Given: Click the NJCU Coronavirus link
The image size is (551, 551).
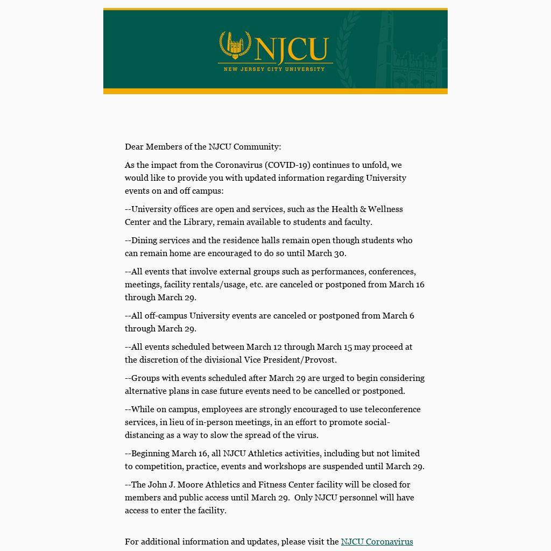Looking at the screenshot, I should click(377, 542).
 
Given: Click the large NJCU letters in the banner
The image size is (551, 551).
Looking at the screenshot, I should click(292, 49).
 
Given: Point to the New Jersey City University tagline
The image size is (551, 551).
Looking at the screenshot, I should click(274, 69).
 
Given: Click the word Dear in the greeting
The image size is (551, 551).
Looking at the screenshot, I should click(134, 147).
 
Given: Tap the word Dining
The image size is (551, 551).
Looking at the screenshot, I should click(144, 241).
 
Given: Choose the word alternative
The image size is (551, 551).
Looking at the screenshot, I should click(145, 391).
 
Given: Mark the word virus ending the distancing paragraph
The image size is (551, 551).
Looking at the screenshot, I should click(307, 435).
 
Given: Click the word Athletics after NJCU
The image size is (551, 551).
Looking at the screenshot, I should click(265, 454).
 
